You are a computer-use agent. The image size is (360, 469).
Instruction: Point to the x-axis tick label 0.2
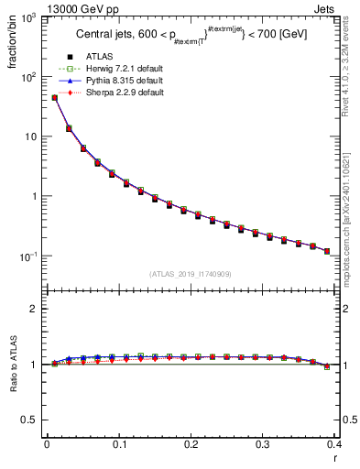(191, 444)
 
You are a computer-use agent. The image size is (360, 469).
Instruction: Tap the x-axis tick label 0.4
(334, 444)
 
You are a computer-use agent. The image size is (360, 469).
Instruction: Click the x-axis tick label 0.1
(118, 444)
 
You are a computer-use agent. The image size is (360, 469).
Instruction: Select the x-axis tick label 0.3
(263, 444)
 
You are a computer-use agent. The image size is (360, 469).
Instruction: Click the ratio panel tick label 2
(37, 309)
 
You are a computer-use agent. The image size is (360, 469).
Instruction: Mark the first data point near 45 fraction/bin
(54, 97)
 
